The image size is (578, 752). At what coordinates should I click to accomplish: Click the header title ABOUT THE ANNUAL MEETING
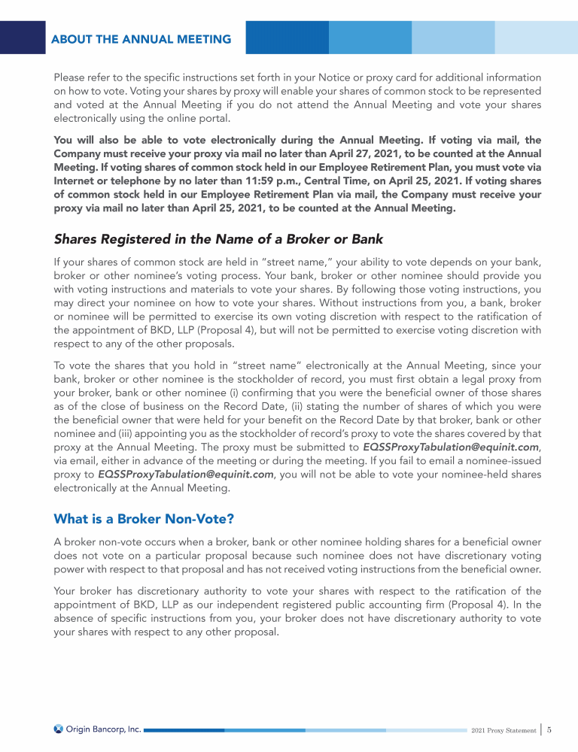(141, 39)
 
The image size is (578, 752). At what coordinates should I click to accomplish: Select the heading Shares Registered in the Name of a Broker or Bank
(218, 240)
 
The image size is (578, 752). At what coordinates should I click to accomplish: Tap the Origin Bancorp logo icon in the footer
(58, 729)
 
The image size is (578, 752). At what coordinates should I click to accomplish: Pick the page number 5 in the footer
(550, 729)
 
